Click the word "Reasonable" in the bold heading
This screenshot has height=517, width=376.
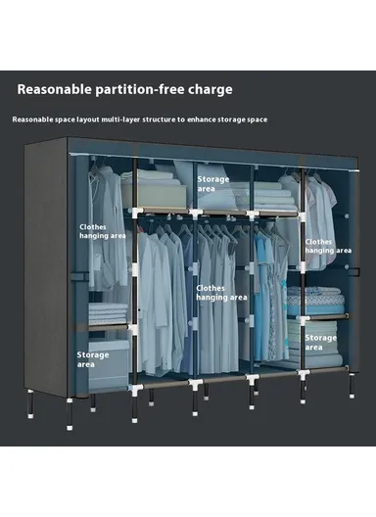pos(56,89)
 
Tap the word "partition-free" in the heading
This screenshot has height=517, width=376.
pos(142,89)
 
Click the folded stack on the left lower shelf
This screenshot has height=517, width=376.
pos(109,313)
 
